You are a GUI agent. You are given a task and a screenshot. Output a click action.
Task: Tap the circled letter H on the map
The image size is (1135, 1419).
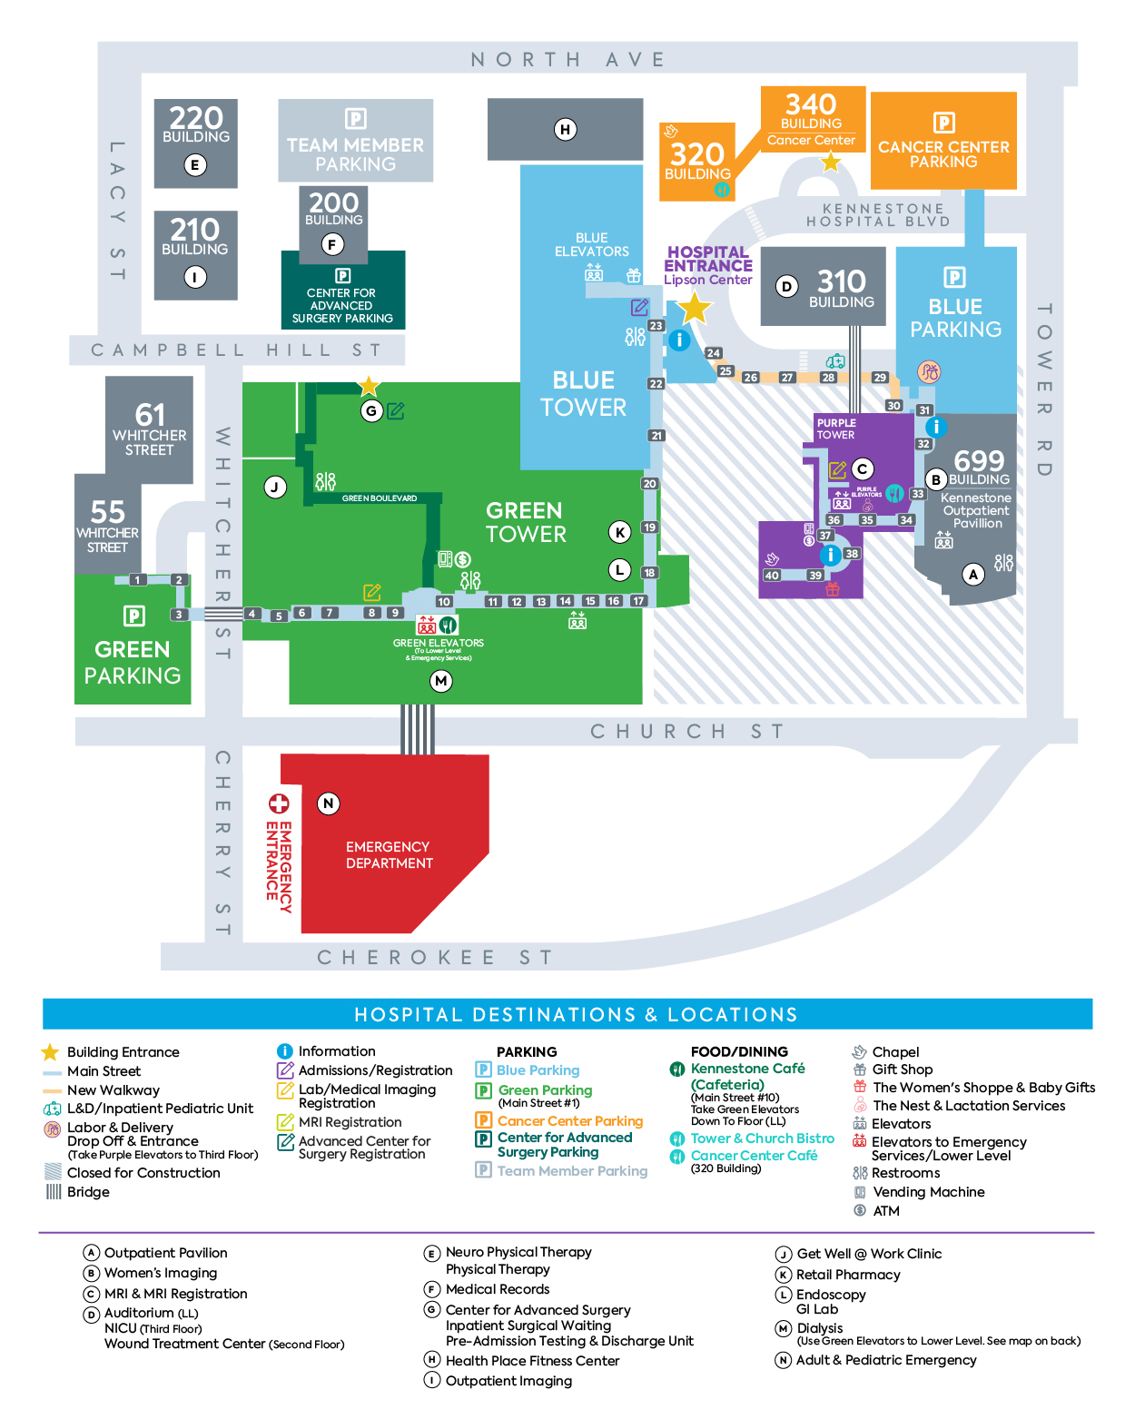[x=565, y=129]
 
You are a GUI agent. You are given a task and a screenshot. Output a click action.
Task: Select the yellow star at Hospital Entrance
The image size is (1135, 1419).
[x=695, y=309]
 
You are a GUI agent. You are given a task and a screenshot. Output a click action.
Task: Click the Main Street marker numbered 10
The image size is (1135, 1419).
[x=444, y=601]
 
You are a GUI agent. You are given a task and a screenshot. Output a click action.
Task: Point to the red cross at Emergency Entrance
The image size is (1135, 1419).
[x=279, y=803]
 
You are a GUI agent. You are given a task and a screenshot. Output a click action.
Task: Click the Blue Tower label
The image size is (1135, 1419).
[x=583, y=393]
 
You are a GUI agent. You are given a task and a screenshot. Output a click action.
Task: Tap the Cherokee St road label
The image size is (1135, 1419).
[x=434, y=957]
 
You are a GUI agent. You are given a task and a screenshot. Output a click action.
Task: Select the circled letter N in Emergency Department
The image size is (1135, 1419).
[x=329, y=803]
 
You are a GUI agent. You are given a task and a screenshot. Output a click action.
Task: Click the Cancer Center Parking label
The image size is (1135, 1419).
[x=943, y=153]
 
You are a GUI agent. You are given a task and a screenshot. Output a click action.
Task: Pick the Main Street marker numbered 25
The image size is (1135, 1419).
[x=725, y=370]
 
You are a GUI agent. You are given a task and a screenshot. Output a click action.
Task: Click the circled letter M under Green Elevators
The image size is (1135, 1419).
[x=441, y=681]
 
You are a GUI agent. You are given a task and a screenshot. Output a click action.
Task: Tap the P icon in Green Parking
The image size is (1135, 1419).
[x=133, y=616]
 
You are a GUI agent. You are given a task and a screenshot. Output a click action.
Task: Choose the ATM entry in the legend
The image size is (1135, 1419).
[x=885, y=1211]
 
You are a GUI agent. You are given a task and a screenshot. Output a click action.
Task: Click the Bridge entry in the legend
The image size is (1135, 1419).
[x=88, y=1192]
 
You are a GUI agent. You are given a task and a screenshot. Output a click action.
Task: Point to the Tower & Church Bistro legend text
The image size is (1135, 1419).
[x=762, y=1138]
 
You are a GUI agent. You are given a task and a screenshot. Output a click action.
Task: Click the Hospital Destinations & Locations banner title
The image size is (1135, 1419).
[x=576, y=1014]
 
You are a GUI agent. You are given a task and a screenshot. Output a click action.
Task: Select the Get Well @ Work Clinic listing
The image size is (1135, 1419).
[x=869, y=1254]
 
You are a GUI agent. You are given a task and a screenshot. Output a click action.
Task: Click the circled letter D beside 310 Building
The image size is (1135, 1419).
[x=787, y=287]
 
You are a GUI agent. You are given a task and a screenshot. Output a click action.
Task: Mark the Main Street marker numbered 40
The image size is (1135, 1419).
[x=772, y=575]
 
